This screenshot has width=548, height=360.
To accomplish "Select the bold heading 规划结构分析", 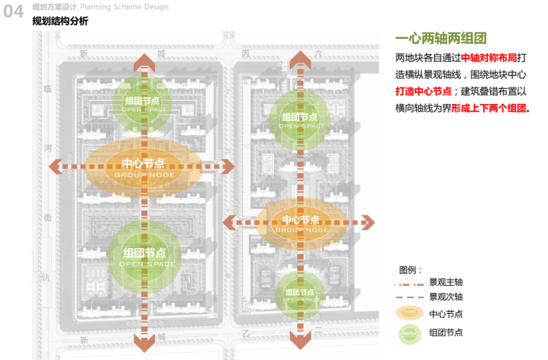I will point(61,21).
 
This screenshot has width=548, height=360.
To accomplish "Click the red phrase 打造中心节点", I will point(423,92).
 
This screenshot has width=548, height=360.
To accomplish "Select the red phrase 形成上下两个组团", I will point(490,109).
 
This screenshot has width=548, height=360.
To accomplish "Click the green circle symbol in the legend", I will point(410,332).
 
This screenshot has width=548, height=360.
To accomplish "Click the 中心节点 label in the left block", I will point(144,164).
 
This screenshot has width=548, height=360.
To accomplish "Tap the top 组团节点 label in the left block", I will point(146,102).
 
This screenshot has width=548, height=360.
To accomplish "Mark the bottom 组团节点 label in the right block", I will point(300,292).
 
